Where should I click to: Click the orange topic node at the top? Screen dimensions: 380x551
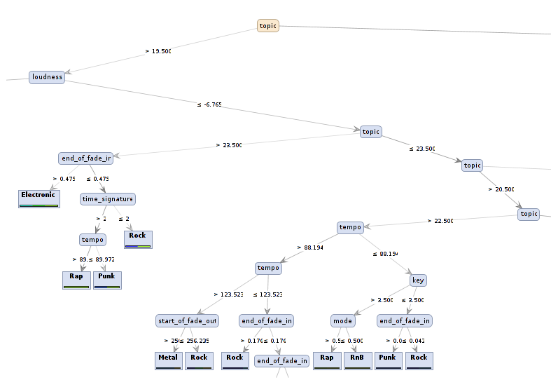268,26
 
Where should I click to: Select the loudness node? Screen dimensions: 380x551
47,77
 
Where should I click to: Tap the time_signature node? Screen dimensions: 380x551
107,199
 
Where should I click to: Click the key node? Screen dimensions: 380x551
418,280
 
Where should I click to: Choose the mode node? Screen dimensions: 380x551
342,321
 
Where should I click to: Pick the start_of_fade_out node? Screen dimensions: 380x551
187,321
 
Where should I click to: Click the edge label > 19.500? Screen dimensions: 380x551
158,51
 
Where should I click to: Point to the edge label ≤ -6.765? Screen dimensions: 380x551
209,104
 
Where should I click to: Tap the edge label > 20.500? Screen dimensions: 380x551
501,189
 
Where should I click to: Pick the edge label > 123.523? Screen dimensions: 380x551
228,294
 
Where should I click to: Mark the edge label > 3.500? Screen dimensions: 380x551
381,300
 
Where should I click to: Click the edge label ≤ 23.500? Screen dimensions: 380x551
422,149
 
